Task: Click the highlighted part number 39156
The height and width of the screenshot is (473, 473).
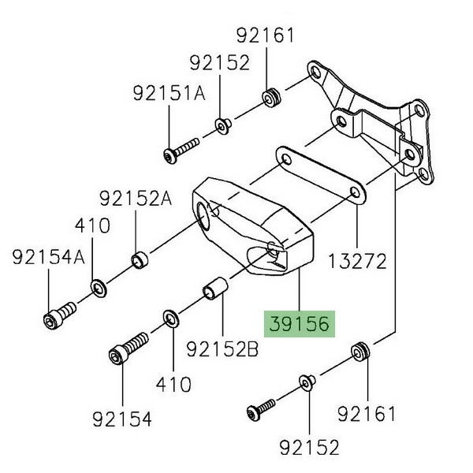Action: pyautogui.click(x=300, y=324)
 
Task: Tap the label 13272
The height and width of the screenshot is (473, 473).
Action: pyautogui.click(x=357, y=261)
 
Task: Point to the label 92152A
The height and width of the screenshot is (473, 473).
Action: pyautogui.click(x=136, y=199)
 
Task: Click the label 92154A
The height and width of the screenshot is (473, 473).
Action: pyautogui.click(x=49, y=257)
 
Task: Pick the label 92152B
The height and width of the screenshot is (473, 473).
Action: pyautogui.click(x=222, y=349)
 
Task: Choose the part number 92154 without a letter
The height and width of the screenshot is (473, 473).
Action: pyautogui.click(x=122, y=419)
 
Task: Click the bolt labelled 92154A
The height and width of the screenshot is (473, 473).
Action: pyautogui.click(x=59, y=315)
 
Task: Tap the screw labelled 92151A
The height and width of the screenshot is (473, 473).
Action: pyautogui.click(x=181, y=151)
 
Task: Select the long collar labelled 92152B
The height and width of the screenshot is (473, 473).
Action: pyautogui.click(x=214, y=289)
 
